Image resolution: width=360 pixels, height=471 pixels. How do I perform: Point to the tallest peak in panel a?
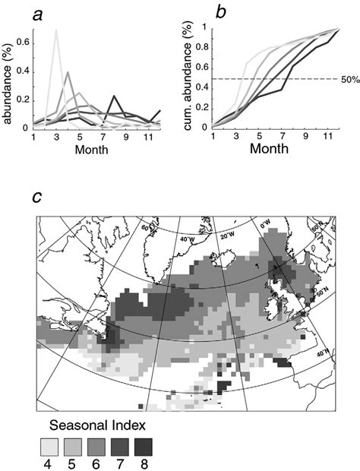click(x=57, y=31)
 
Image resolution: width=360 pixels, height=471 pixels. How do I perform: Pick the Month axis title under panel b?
click(x=266, y=149)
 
